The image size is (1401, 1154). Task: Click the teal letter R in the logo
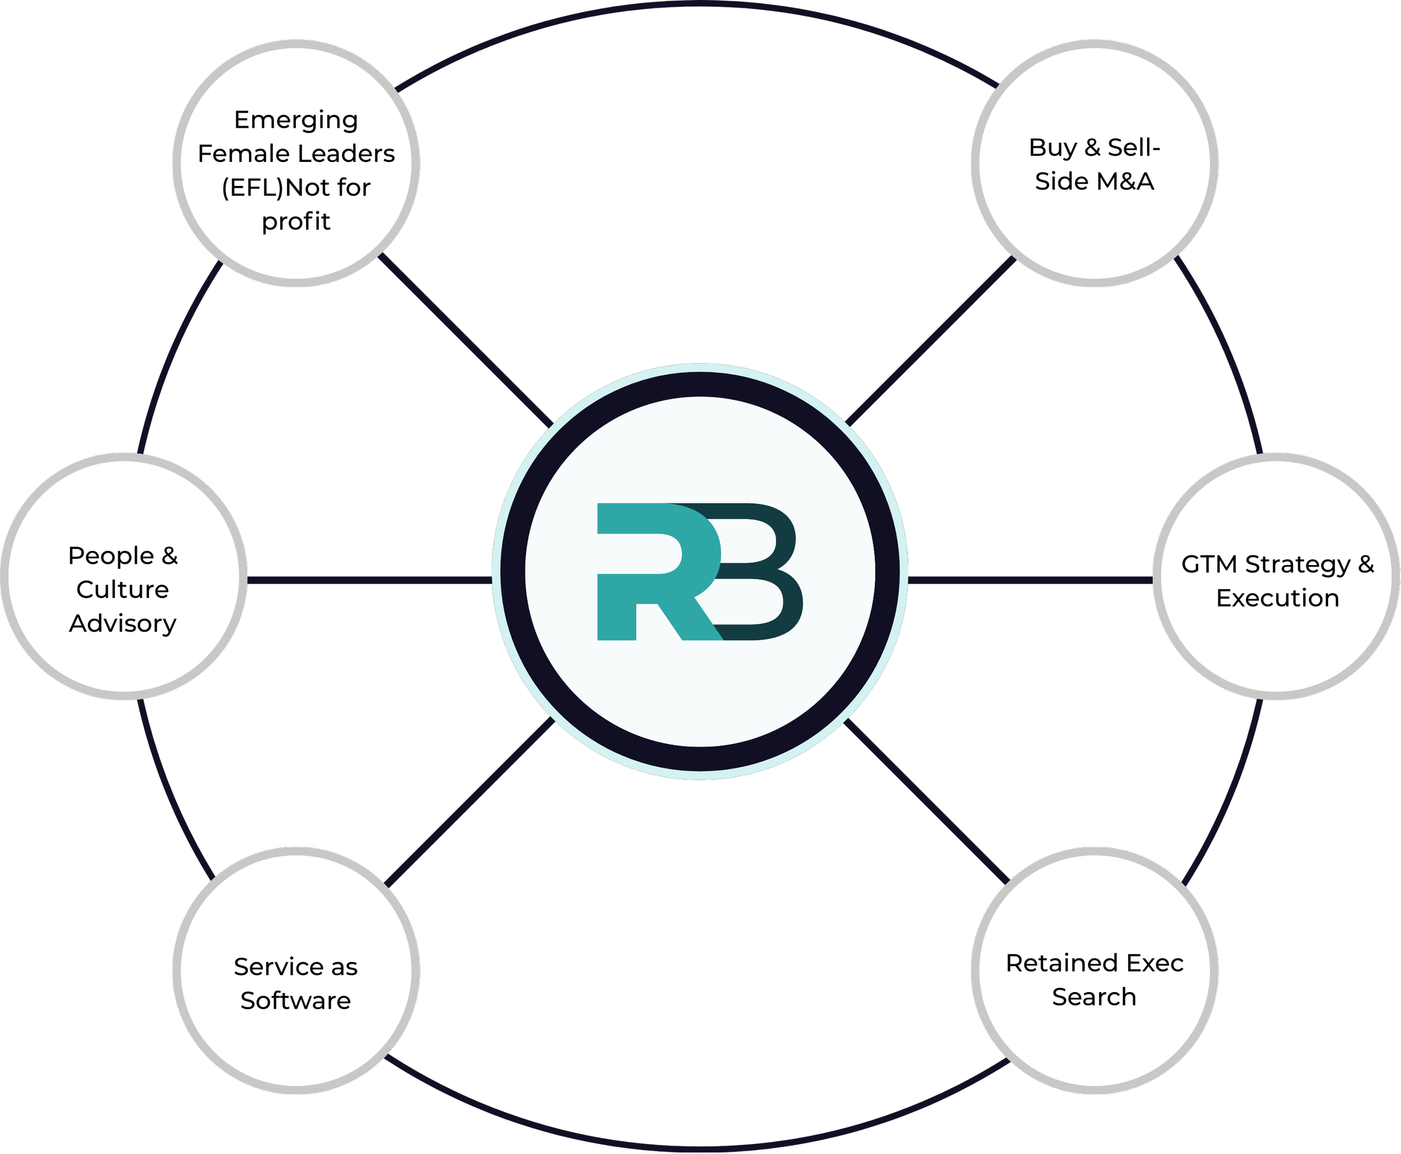[x=648, y=572]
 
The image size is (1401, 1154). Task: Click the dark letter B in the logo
[x=764, y=572]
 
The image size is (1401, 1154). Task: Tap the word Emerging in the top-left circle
[x=296, y=121]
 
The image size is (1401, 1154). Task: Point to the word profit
[x=296, y=221]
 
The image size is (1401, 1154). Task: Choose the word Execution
[x=1277, y=598]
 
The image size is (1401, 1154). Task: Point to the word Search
[x=1094, y=997]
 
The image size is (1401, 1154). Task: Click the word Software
[x=296, y=1000]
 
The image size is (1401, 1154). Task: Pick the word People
[x=110, y=557]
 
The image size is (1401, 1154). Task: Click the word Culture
[x=123, y=590]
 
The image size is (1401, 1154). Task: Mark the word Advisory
[x=123, y=624]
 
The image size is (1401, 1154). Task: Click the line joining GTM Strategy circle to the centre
[x=1030, y=580]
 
